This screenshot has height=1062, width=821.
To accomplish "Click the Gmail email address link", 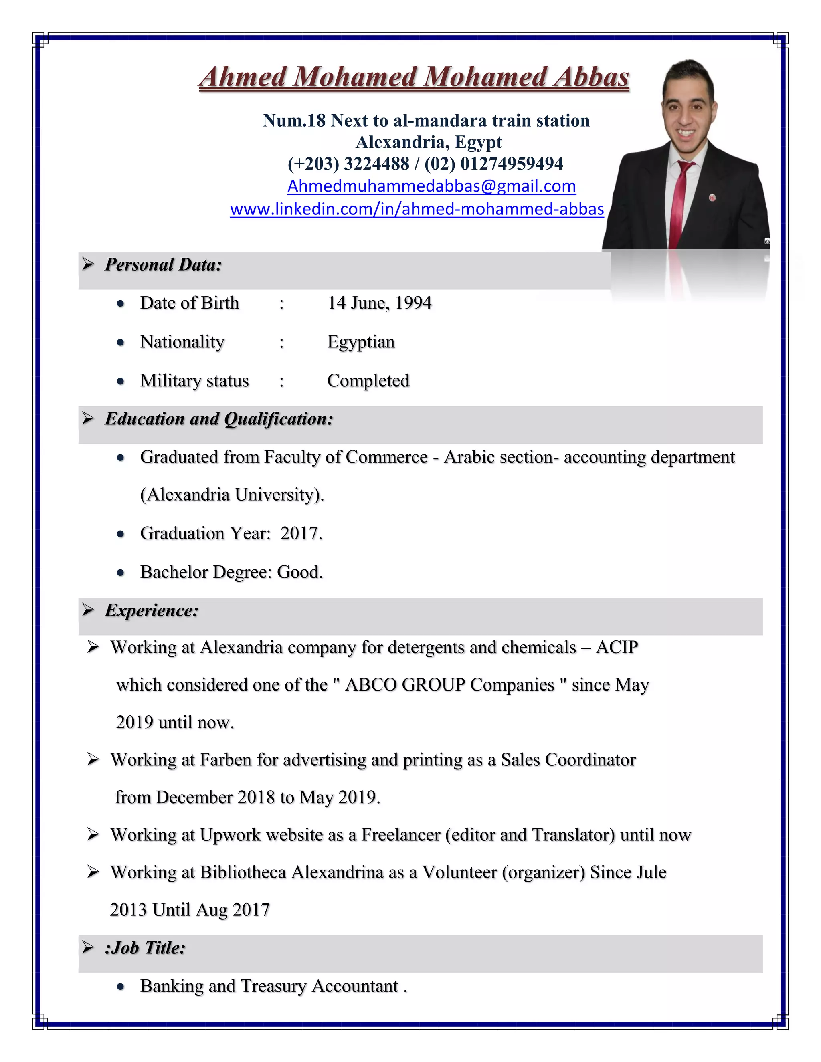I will click(431, 186).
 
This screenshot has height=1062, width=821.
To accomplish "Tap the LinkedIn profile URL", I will click(417, 209).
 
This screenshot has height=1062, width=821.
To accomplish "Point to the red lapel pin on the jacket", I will click(712, 198).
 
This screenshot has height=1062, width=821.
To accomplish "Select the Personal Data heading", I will click(164, 264).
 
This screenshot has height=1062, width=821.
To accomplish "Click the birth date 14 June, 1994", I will click(379, 303).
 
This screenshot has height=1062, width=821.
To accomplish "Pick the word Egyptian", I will click(361, 342).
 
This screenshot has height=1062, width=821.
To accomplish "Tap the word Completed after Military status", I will click(368, 381).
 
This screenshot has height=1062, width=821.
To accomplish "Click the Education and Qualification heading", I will click(219, 419).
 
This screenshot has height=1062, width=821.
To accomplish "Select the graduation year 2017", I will click(300, 533).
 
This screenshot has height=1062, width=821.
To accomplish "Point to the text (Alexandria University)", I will click(232, 495).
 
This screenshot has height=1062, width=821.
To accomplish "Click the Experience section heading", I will click(152, 610).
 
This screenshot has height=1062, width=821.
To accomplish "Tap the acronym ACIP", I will click(617, 647).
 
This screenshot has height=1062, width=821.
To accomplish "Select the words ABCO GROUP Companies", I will click(449, 684).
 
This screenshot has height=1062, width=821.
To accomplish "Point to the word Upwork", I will click(230, 835).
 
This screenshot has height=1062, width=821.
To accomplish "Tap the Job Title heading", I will click(146, 948).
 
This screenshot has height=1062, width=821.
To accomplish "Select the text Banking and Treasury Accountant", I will click(269, 986).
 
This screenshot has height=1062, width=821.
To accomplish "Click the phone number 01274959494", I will click(512, 164).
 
